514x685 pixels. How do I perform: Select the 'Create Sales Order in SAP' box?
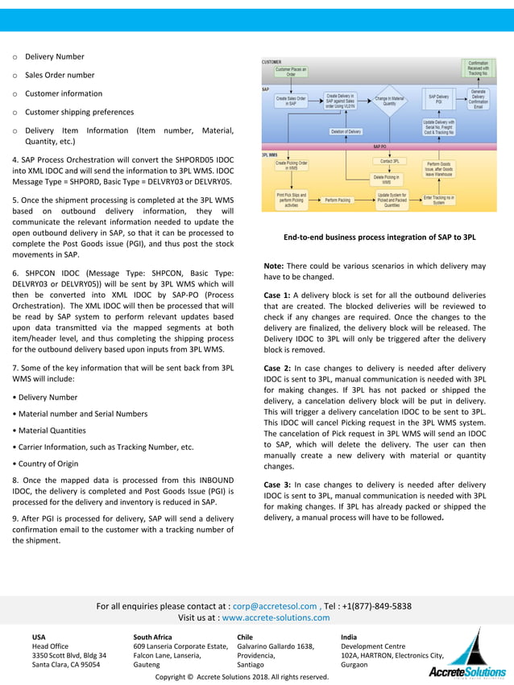(x=291, y=101)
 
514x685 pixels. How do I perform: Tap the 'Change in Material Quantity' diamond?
(x=389, y=101)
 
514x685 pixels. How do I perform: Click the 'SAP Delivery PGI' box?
(x=438, y=100)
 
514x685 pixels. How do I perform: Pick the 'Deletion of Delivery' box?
(x=346, y=131)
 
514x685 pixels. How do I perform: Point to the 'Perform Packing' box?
(x=338, y=200)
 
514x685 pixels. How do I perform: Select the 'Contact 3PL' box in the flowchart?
(x=390, y=162)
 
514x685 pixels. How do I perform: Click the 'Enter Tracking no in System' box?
(x=439, y=200)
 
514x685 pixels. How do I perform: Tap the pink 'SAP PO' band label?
(x=379, y=147)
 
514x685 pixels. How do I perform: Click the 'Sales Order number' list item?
(x=60, y=75)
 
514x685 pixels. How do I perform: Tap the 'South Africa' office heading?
(x=152, y=637)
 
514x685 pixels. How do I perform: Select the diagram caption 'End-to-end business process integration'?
(x=379, y=237)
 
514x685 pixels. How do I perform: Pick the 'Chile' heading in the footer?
(x=245, y=637)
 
